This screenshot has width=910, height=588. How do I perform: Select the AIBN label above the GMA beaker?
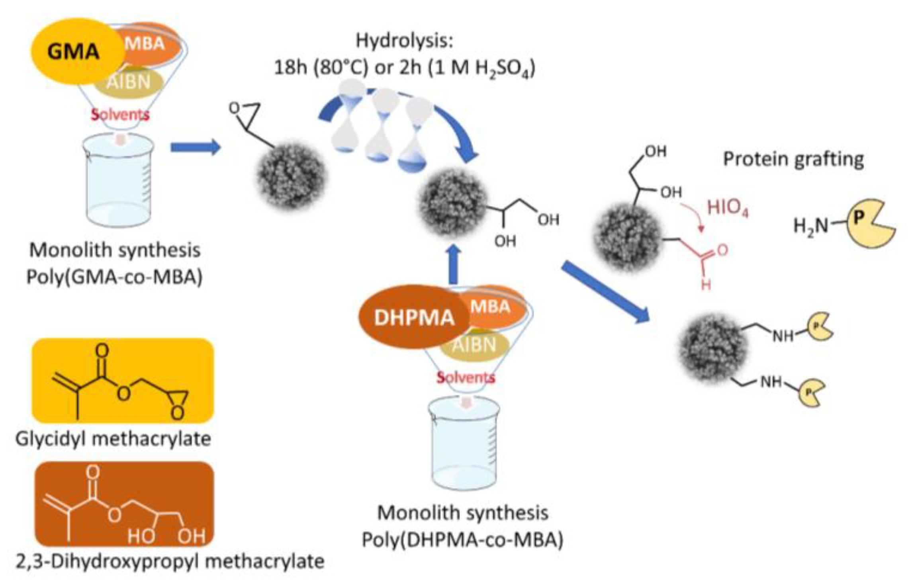(129, 82)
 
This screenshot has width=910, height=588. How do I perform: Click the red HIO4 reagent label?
(727, 208)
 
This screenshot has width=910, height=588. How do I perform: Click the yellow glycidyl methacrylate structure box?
(123, 381)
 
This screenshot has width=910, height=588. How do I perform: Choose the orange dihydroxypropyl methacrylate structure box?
(124, 504)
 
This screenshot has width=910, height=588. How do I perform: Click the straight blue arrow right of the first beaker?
(195, 147)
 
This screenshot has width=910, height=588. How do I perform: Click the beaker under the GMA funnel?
(119, 181)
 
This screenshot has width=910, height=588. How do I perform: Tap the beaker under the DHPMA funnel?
(464, 444)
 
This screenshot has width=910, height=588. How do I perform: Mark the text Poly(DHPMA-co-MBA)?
(462, 540)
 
